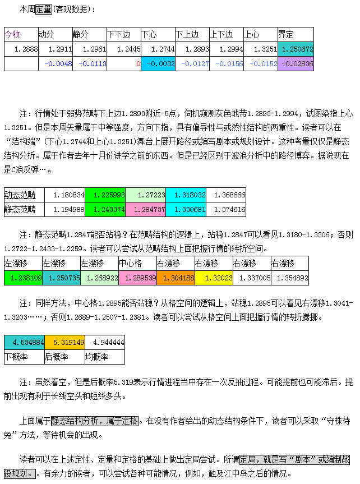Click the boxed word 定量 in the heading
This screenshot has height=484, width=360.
pos(44,8)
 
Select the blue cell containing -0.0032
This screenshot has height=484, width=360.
pos(158,63)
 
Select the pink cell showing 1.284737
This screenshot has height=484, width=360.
pos(145,209)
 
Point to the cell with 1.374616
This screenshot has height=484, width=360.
pos(226,209)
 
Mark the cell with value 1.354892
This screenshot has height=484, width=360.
pos(289,277)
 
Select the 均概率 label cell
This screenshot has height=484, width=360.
pos(104,356)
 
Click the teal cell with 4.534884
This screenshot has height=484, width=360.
pos(24,342)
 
